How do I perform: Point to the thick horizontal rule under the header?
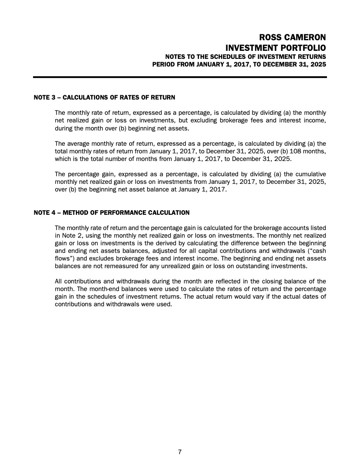(180, 77)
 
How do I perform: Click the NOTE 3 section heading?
(104, 98)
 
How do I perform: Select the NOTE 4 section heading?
(111, 212)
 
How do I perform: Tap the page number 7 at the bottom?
(180, 452)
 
